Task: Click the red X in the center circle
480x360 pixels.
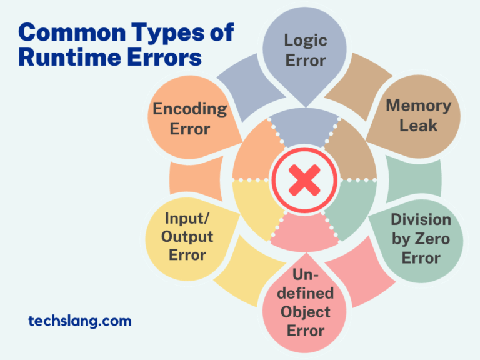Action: (x=304, y=181)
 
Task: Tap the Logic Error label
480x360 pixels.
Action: (x=305, y=51)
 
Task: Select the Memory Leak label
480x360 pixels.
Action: (x=418, y=115)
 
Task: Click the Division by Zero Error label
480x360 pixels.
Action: (x=421, y=238)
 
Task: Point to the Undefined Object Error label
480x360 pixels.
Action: (x=306, y=302)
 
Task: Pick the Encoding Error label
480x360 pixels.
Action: (x=190, y=118)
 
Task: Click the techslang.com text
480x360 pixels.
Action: (x=80, y=321)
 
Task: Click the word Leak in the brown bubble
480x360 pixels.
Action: (x=418, y=125)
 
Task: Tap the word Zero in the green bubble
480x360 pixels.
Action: (x=435, y=239)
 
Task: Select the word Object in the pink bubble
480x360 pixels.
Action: (x=306, y=311)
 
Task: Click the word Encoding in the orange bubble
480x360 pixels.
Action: (x=190, y=109)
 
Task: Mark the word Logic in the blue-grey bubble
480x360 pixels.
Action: (x=305, y=41)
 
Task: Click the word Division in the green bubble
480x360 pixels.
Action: (x=421, y=220)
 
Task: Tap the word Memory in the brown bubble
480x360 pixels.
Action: (x=418, y=105)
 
